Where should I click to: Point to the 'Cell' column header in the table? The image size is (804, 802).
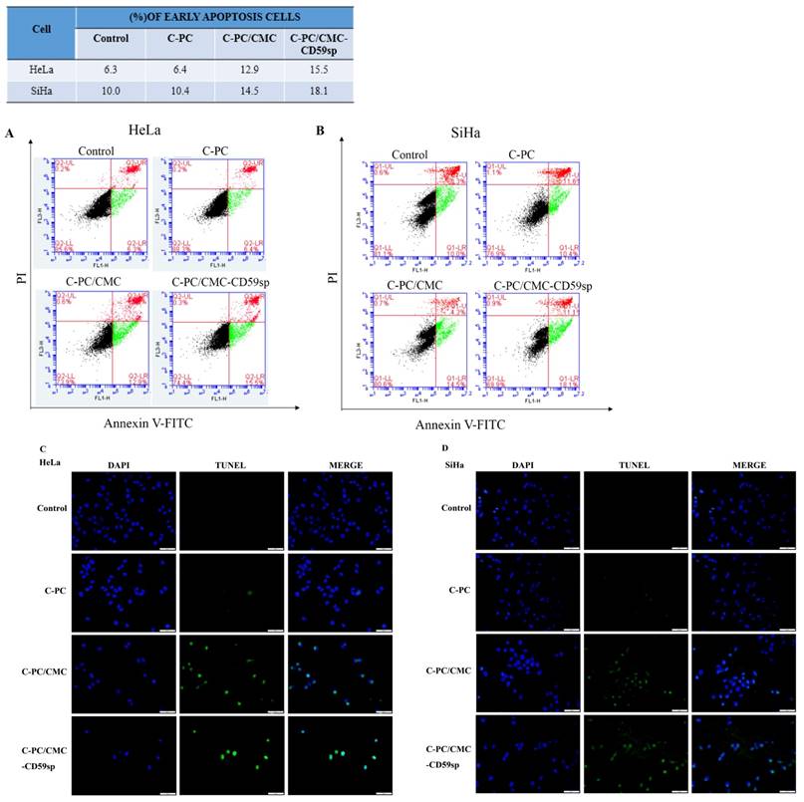pos(40,29)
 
